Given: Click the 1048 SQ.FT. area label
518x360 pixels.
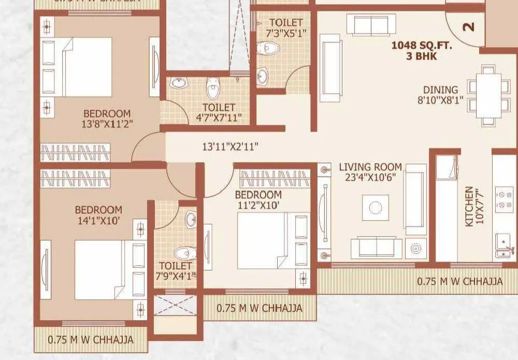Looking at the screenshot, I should coord(422,45).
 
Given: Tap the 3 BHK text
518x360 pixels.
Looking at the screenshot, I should coord(422,55).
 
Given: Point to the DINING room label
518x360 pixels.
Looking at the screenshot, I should coord(440,90).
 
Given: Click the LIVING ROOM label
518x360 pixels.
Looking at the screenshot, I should coord(370,167).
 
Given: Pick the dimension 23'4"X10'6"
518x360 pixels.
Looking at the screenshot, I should coord(370,177).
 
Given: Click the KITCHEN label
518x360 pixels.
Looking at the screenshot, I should coord(469,206).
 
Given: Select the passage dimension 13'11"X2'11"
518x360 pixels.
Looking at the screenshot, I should coord(230,147).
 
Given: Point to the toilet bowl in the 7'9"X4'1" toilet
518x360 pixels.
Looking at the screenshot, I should coord(183,253).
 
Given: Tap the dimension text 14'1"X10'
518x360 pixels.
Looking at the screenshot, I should coord(98,220).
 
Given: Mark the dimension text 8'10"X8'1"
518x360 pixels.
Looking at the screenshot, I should coord(440,100).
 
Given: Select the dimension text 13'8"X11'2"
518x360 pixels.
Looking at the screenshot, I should coord(107,124).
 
